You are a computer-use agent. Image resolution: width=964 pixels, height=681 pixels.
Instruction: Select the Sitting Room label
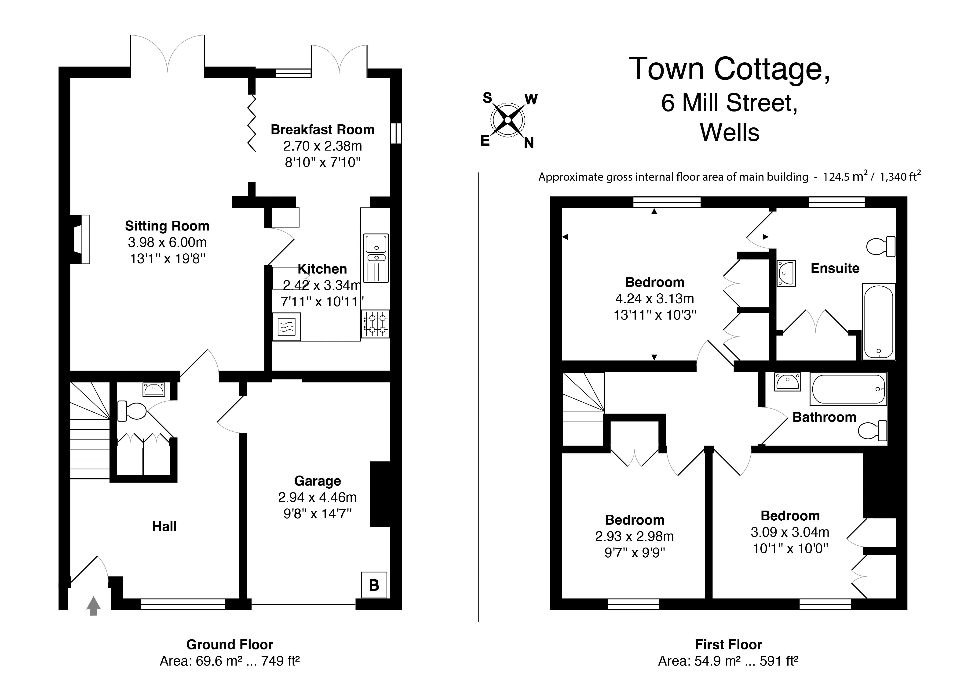pos(167,226)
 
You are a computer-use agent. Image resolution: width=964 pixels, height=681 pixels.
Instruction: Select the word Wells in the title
pos(729,133)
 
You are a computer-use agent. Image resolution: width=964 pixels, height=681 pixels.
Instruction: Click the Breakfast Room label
pos(322,130)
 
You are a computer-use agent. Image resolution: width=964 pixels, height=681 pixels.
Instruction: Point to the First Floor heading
pos(728,645)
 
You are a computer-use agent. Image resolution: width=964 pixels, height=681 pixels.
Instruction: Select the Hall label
pos(164,527)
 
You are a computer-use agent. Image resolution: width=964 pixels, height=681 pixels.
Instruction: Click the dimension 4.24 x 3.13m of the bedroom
pos(655,299)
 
